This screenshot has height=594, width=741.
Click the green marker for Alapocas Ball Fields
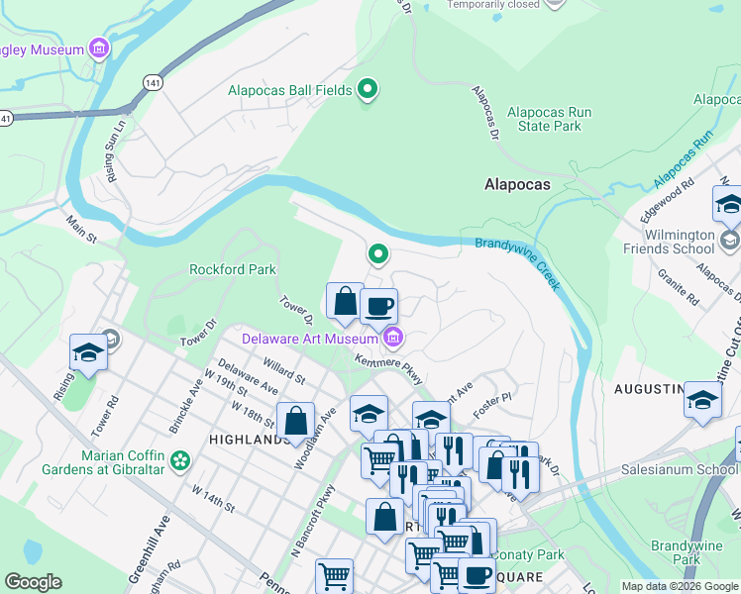(368, 91)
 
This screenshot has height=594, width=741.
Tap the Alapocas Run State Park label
(550, 120)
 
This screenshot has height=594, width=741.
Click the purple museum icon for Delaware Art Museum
(393, 339)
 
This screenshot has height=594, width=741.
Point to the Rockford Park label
(233, 269)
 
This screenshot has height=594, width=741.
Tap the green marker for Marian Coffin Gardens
(179, 459)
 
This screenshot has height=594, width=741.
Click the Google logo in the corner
(33, 582)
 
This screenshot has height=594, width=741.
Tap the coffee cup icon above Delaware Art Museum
(377, 306)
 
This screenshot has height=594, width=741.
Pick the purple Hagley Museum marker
(98, 49)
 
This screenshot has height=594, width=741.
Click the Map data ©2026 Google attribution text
(680, 586)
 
